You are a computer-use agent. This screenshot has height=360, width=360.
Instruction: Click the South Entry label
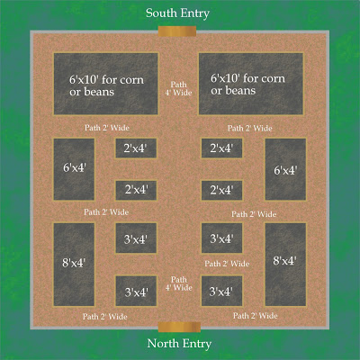[x=177, y=13]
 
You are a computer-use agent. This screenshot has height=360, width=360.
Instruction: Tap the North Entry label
[x=179, y=344]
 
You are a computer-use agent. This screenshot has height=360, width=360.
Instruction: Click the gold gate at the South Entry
[x=177, y=31]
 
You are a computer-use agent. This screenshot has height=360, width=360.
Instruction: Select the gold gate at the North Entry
[x=179, y=327]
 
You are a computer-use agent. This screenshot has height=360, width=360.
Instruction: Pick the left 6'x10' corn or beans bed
[x=106, y=84]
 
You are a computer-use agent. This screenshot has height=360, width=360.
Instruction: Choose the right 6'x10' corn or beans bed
[x=251, y=84]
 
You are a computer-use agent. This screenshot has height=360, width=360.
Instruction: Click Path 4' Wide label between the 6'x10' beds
[x=178, y=88]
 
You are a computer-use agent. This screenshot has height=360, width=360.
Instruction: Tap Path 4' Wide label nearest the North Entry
[x=178, y=283]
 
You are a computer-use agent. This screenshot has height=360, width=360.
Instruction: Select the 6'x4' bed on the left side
[x=74, y=169]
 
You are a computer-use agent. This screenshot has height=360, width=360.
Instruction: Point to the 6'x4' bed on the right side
[x=285, y=169]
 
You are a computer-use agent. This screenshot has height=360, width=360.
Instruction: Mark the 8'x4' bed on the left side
[x=74, y=265]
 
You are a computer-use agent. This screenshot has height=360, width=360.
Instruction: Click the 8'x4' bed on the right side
[x=285, y=265]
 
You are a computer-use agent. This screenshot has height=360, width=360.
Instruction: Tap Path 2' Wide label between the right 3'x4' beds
[x=227, y=264]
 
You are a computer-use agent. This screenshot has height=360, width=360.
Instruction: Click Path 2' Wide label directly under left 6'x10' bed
[x=107, y=128]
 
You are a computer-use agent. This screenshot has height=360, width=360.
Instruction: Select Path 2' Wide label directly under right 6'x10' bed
[x=249, y=129]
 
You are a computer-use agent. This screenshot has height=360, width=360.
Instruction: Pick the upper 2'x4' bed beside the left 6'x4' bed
[x=136, y=148]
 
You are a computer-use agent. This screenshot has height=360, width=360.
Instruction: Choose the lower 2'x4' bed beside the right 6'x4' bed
[x=221, y=190]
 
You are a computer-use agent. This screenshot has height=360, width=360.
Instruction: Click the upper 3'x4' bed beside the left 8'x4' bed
[x=136, y=238]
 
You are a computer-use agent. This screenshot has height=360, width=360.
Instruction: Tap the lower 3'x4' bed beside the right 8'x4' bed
[x=221, y=291]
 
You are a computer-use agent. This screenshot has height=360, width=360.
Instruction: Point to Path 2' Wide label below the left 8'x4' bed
[x=105, y=317]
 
